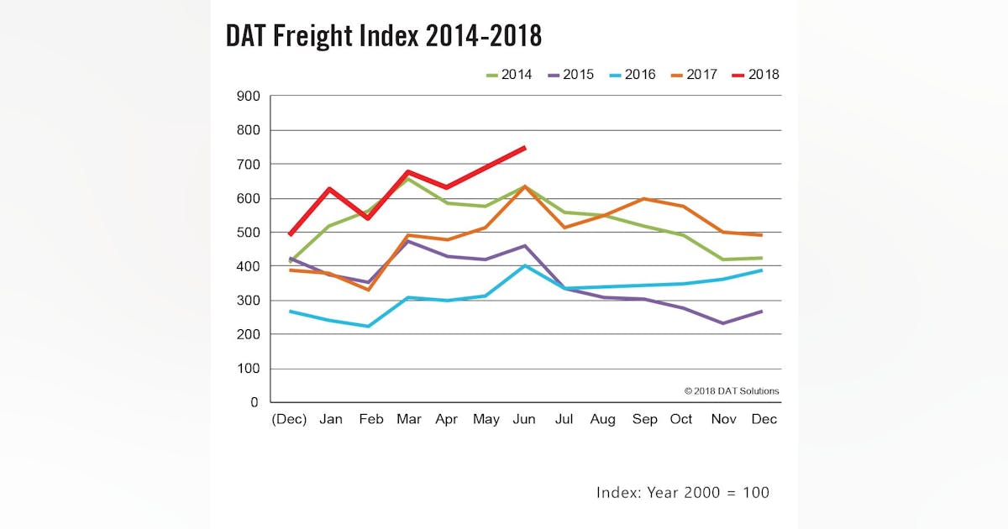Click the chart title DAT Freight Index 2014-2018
(384, 35)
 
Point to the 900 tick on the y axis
(248, 96)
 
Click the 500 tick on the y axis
(248, 233)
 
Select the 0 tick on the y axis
(254, 403)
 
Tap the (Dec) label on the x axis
(289, 420)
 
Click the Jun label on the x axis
(525, 420)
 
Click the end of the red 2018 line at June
(525, 147)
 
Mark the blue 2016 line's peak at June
(525, 266)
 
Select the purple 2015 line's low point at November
(721, 323)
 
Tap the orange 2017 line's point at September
(643, 199)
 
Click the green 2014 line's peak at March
(407, 178)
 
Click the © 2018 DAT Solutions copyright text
(731, 391)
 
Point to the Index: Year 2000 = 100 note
(682, 493)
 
